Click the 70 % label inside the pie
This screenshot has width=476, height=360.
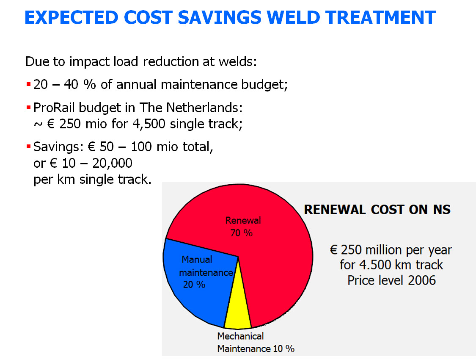pyautogui.click(x=242, y=233)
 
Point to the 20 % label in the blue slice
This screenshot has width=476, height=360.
pyautogui.click(x=194, y=285)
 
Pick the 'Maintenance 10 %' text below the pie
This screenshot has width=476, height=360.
pyautogui.click(x=256, y=349)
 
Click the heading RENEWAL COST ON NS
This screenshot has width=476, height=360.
pyautogui.click(x=377, y=209)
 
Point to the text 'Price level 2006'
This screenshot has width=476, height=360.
pyautogui.click(x=391, y=280)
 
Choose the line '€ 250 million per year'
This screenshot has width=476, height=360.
pyautogui.click(x=391, y=249)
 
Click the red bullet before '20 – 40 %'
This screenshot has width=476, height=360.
pyautogui.click(x=28, y=85)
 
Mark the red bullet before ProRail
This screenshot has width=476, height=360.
pyautogui.click(x=28, y=108)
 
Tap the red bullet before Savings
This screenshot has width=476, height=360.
pyautogui.click(x=28, y=147)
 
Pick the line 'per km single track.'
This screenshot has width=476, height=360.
pyautogui.click(x=92, y=179)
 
